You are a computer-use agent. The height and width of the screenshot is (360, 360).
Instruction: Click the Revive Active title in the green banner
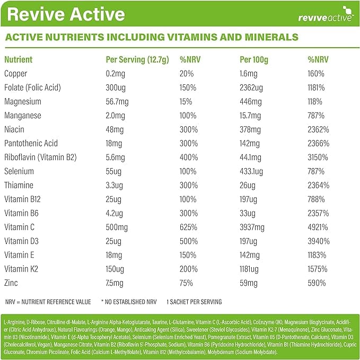tap(66, 14)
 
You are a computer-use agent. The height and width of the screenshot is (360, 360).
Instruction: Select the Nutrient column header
tap(19, 60)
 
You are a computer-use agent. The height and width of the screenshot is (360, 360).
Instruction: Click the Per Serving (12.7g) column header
tap(137, 60)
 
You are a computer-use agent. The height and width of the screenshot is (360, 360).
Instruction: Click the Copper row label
tap(15, 74)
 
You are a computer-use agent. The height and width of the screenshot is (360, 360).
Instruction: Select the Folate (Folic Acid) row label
tap(32, 87)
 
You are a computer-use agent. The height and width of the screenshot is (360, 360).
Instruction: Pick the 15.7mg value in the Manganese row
tap(252, 115)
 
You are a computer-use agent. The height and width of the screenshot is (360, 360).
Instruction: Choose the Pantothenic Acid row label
tap(31, 143)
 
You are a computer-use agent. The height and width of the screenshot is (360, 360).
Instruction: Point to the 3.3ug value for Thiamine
tap(115, 185)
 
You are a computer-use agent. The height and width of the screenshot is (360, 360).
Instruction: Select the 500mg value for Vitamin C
tap(117, 227)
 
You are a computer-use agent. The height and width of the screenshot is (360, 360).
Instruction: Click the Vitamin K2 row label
tap(20, 269)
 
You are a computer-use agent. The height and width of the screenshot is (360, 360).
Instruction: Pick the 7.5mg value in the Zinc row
tap(115, 283)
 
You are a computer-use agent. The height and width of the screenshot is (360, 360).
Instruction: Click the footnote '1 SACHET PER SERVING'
tap(194, 302)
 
